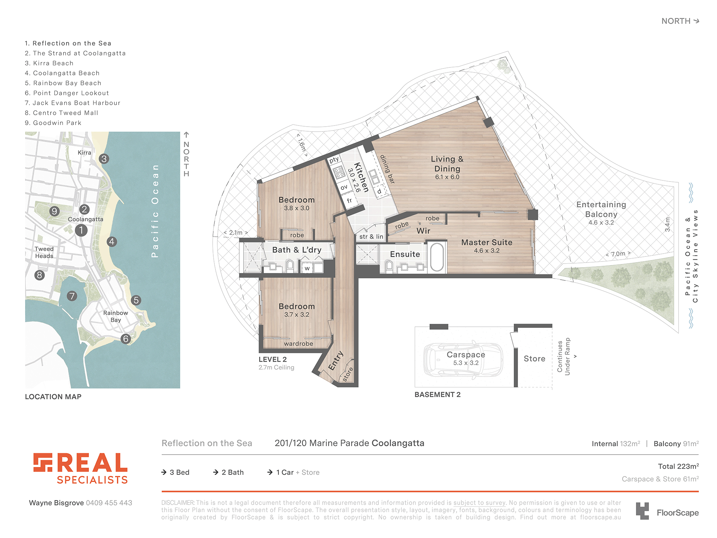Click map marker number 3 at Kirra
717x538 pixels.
(104, 159)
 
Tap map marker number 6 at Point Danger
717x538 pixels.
(125, 339)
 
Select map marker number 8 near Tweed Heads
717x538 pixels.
(39, 275)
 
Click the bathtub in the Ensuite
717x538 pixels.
(437, 257)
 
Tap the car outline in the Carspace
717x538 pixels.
(463, 359)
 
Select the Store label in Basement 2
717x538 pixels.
(535, 359)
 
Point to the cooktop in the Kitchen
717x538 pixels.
(339, 173)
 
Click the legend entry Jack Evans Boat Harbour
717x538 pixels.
(72, 103)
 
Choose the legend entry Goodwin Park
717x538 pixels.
(53, 123)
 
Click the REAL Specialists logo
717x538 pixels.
(81, 468)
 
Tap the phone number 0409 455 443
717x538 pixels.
(109, 503)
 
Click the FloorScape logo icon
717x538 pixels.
(642, 511)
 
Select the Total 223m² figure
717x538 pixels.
(678, 466)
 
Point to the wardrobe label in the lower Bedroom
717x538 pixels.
(298, 344)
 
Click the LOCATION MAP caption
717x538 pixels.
(53, 397)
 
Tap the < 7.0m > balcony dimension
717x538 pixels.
(618, 254)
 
